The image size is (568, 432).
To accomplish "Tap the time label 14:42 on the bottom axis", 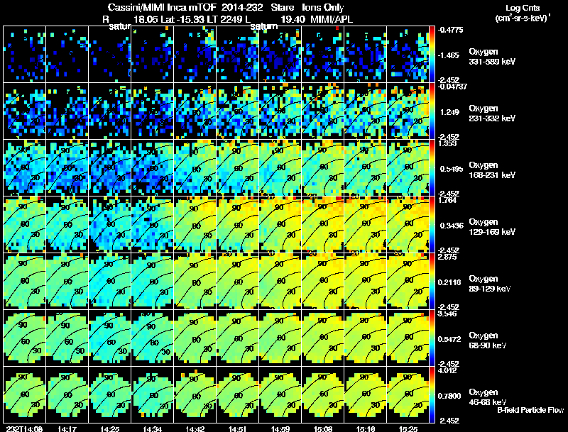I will (195, 428).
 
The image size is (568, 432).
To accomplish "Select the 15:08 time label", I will (324, 428).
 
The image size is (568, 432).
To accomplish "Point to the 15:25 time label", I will (409, 428).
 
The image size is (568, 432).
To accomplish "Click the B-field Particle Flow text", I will (530, 410).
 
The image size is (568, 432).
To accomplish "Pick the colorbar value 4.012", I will (449, 370).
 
